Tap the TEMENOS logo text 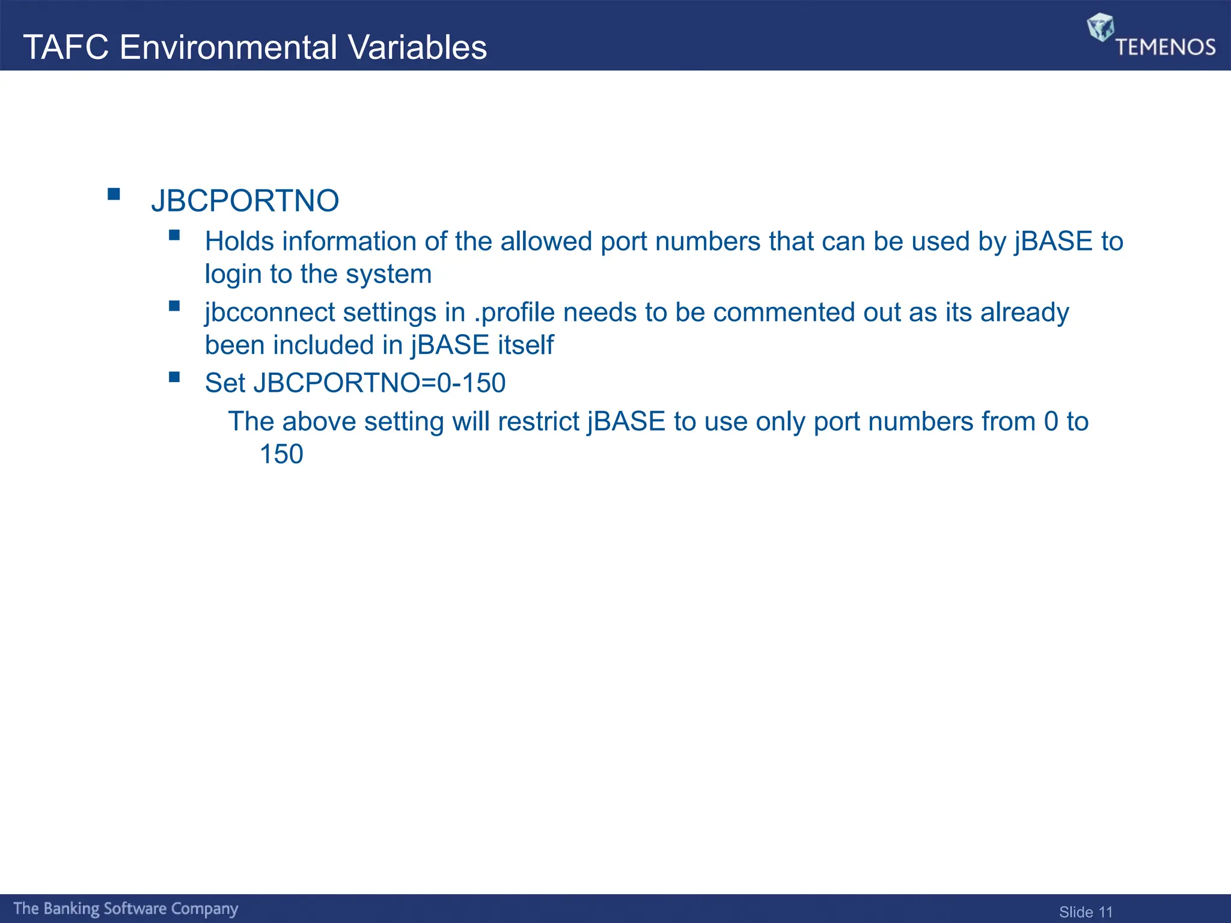click(1165, 47)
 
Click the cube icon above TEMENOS click(1101, 27)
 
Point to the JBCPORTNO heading click(245, 201)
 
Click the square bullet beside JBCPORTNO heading click(114, 194)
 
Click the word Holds click(239, 242)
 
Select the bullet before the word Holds click(174, 235)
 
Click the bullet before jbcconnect click(174, 306)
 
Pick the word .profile click(514, 313)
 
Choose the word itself click(525, 345)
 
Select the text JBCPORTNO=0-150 click(379, 383)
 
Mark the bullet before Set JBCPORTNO click(174, 377)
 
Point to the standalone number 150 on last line click(281, 454)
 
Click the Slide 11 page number click(1086, 912)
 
